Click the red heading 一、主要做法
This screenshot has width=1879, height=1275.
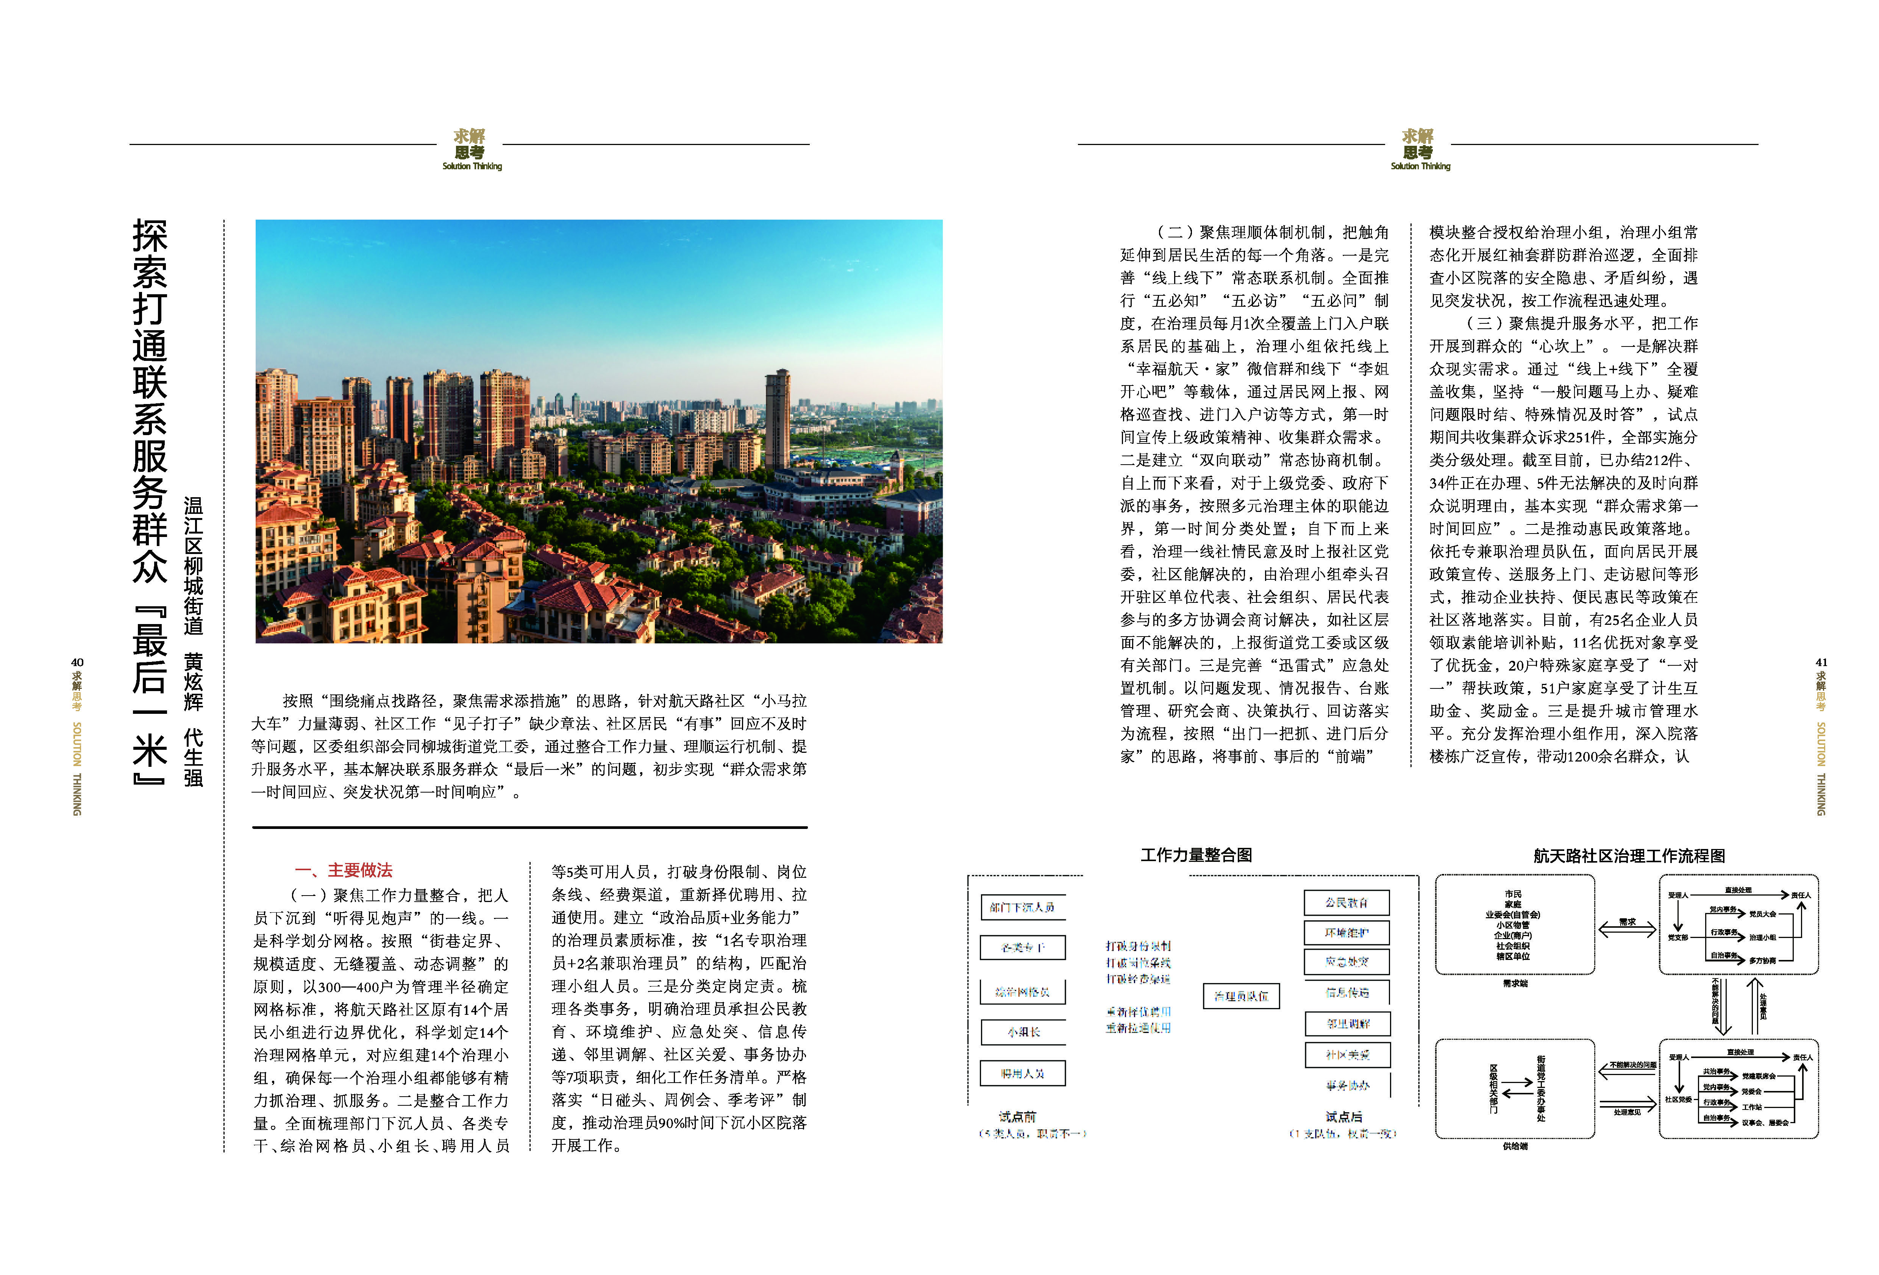344,871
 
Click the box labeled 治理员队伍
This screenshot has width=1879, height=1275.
1241,996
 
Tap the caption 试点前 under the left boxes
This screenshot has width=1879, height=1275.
1017,1117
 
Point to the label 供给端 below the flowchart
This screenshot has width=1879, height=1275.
1514,1147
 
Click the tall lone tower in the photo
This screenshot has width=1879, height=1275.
777,420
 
